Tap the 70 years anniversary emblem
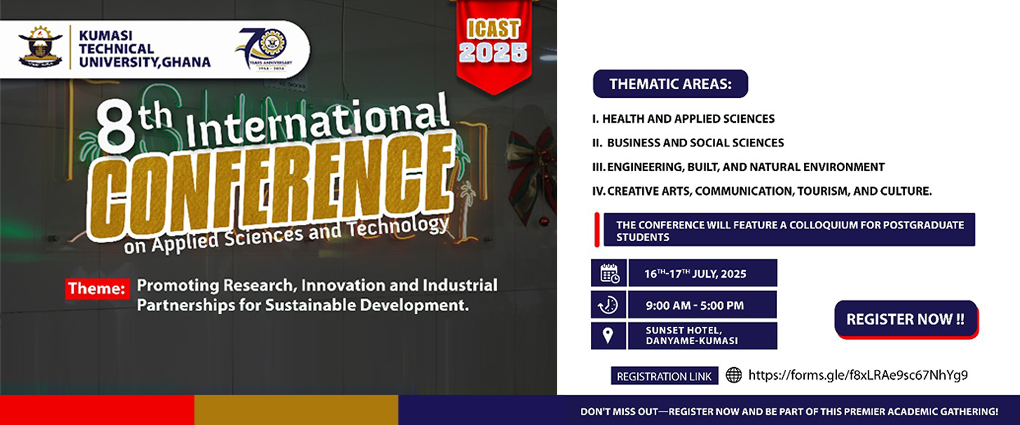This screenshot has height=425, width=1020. coord(263,49)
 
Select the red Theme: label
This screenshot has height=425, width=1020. coord(97,288)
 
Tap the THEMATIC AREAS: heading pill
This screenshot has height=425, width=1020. coord(670,84)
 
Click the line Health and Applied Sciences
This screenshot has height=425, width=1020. coord(683,119)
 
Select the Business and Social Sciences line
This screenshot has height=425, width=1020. coord(688,143)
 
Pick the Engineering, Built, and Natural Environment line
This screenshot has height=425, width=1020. coord(738,167)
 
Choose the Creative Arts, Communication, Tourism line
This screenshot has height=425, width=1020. coord(762,191)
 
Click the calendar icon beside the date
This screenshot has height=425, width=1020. coord(609,273)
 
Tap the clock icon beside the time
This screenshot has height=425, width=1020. coord(608,305)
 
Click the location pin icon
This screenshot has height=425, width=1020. coord(608,335)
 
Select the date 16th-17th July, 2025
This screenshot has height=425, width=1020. coord(695,274)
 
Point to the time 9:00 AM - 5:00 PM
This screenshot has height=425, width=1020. coord(695,305)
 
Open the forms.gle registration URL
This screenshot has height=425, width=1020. coord(858,375)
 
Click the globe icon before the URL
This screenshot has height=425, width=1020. coord(734,375)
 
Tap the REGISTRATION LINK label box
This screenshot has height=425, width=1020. coord(664,376)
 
